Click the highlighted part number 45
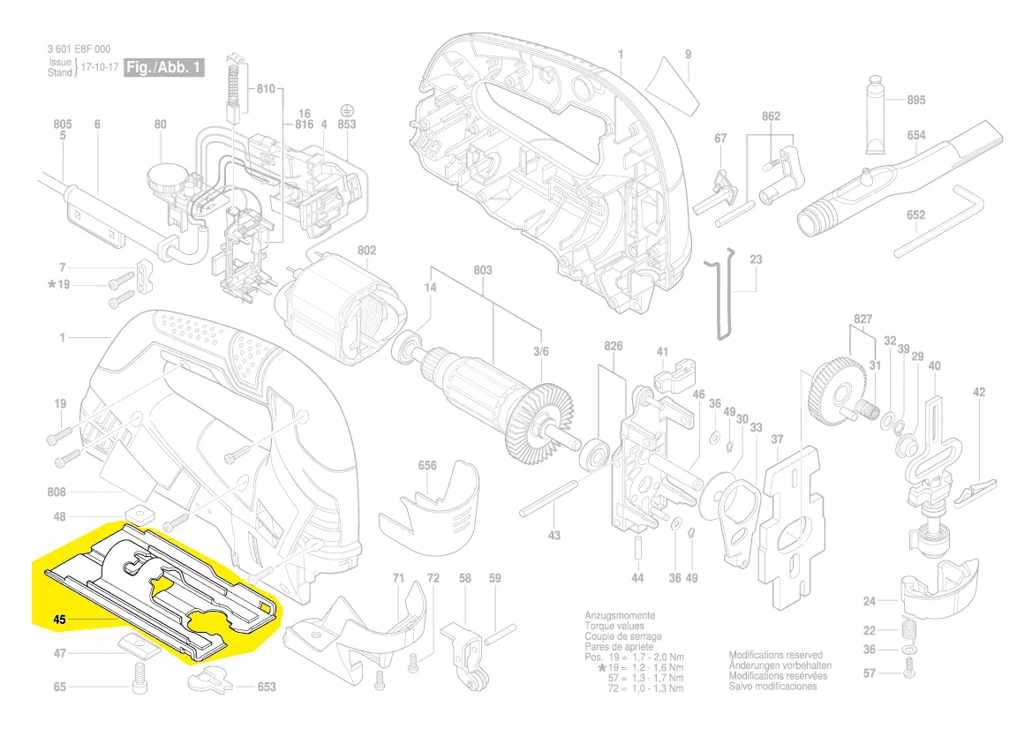tap(60, 620)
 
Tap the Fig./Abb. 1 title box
tap(165, 68)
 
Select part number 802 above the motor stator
tap(367, 252)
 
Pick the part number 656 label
tap(427, 464)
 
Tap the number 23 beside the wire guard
tap(756, 259)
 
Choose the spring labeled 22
tap(909, 630)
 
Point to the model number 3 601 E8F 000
tap(78, 50)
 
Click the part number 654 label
tap(915, 135)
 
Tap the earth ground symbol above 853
tap(347, 112)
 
